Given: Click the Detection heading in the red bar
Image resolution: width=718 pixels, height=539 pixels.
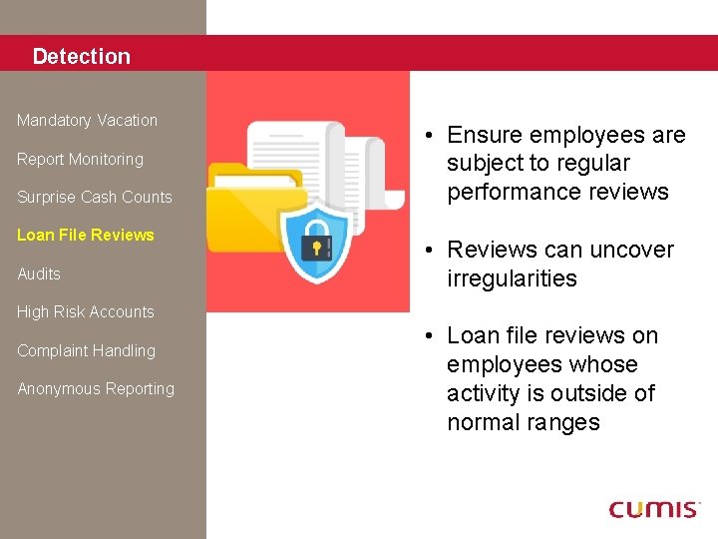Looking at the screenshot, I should pyautogui.click(x=81, y=57).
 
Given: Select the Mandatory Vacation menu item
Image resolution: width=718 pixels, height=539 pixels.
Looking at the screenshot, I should pyautogui.click(x=87, y=121).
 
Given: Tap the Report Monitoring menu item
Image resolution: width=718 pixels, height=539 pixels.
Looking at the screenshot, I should pyautogui.click(x=80, y=160).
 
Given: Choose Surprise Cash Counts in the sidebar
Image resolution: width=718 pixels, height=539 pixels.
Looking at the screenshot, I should pyautogui.click(x=94, y=198).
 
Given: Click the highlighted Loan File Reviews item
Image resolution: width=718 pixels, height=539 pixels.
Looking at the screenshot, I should pyautogui.click(x=86, y=236).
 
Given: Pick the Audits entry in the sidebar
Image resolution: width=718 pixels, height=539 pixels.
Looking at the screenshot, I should pyautogui.click(x=39, y=274).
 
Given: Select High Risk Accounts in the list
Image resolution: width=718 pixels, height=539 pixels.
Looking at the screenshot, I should pyautogui.click(x=86, y=312).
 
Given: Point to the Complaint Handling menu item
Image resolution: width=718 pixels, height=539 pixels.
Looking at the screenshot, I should pyautogui.click(x=86, y=351).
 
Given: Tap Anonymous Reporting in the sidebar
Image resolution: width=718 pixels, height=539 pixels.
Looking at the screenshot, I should pyautogui.click(x=96, y=389).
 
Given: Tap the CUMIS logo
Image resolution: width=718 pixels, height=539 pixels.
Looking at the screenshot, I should pyautogui.click(x=654, y=509).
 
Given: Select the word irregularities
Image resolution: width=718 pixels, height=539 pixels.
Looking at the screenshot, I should pyautogui.click(x=512, y=279).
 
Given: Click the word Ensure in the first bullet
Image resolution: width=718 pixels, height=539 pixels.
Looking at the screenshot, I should pyautogui.click(x=482, y=136).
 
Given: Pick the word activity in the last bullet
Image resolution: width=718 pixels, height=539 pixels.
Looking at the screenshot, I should pyautogui.click(x=485, y=394).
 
